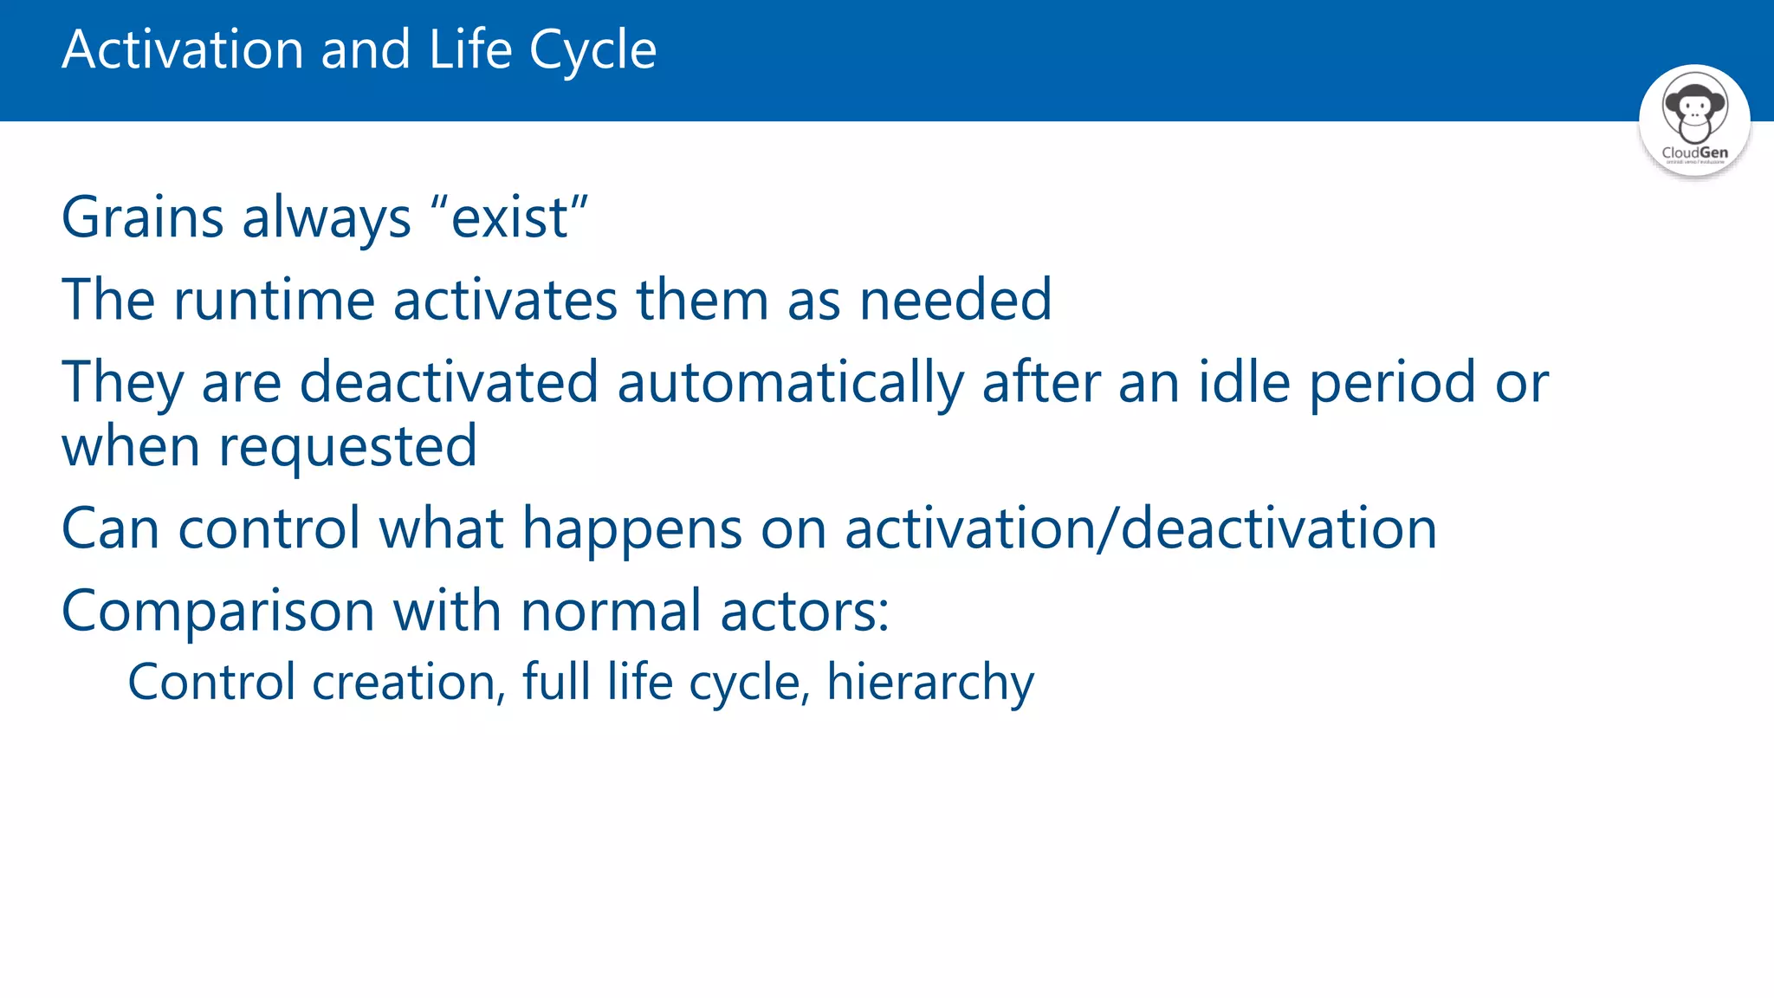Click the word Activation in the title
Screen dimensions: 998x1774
point(182,49)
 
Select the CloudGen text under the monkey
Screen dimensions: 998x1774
point(1694,152)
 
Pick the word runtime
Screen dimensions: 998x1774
point(274,300)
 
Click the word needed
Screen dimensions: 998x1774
point(955,300)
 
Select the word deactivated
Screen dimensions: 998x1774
point(449,382)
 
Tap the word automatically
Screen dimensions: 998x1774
point(790,382)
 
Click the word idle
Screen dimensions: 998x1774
point(1244,382)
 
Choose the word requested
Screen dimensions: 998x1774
point(347,446)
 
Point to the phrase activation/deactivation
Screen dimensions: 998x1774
point(1141,528)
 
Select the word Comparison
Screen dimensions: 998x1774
point(217,611)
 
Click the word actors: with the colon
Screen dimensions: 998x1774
point(805,611)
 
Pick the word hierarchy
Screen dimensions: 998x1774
point(930,682)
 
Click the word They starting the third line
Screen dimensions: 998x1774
point(122,382)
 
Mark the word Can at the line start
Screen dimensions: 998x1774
point(110,528)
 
